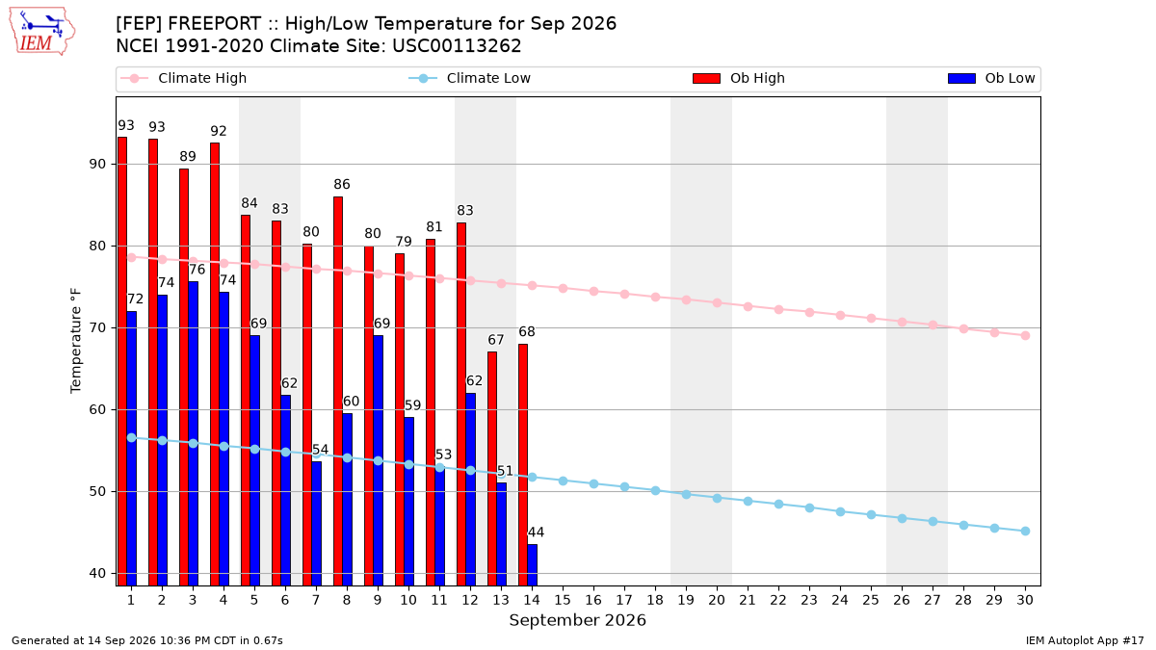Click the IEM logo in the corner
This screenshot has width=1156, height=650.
pyautogui.click(x=41, y=32)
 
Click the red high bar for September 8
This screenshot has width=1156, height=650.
pyautogui.click(x=338, y=391)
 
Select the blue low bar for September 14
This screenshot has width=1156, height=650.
pyautogui.click(x=532, y=565)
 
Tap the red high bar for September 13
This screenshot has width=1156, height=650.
pyautogui.click(x=492, y=468)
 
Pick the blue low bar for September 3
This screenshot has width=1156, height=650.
pyautogui.click(x=193, y=433)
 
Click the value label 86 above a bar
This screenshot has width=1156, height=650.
pyautogui.click(x=342, y=184)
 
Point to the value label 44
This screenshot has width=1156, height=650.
pyautogui.click(x=536, y=532)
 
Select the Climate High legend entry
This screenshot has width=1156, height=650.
pyautogui.click(x=183, y=78)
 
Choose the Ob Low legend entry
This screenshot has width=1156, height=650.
pyautogui.click(x=991, y=78)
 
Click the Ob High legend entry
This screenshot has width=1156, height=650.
pyautogui.click(x=739, y=78)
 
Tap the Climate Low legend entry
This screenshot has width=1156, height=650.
pyautogui.click(x=469, y=78)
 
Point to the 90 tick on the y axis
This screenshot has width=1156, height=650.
pyautogui.click(x=97, y=164)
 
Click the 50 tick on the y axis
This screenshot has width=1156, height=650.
pyautogui.click(x=97, y=492)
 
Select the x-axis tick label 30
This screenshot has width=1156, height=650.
pyautogui.click(x=1025, y=600)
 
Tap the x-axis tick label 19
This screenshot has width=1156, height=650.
pyautogui.click(x=686, y=600)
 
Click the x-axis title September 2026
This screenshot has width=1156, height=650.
pyautogui.click(x=577, y=620)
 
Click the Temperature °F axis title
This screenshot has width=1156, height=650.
pyautogui.click(x=76, y=341)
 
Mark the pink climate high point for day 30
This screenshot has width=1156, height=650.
pyautogui.click(x=1025, y=336)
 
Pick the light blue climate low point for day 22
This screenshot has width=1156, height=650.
pyautogui.click(x=778, y=504)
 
